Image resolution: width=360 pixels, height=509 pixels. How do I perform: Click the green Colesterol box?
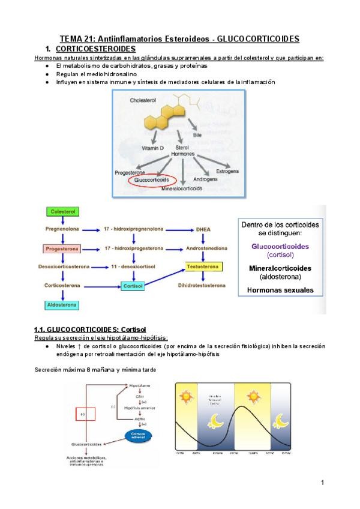tap(62, 211)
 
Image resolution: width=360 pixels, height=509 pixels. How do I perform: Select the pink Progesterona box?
tap(61, 248)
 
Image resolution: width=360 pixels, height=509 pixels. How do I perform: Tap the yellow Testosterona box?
tap(204, 267)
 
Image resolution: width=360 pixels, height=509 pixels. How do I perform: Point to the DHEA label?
tap(203, 229)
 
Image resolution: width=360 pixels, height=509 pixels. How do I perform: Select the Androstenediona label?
tap(208, 248)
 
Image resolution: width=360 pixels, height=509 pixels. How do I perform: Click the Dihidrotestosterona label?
tap(208, 286)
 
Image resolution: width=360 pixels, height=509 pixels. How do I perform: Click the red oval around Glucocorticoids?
tap(152, 179)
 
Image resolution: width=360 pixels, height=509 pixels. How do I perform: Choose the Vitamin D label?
tap(153, 148)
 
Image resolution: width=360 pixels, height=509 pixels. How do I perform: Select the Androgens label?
tap(206, 179)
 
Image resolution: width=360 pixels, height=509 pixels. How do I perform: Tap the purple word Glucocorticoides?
tap(280, 246)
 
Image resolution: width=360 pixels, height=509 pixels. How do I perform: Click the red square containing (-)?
tap(83, 414)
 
